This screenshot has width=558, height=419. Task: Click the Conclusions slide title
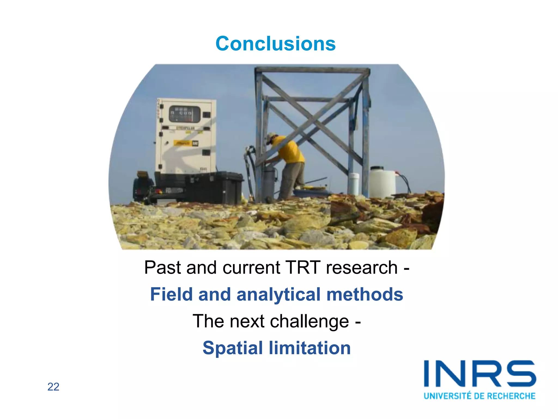coord(275,44)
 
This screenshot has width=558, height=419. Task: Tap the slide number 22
coord(53,387)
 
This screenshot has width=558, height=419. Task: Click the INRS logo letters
coord(480,374)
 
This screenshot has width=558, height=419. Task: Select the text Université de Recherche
coord(480,396)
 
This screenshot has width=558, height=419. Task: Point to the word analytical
coord(278,295)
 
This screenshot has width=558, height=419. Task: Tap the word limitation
coord(310,348)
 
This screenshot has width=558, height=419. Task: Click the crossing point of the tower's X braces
coord(313,120)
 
